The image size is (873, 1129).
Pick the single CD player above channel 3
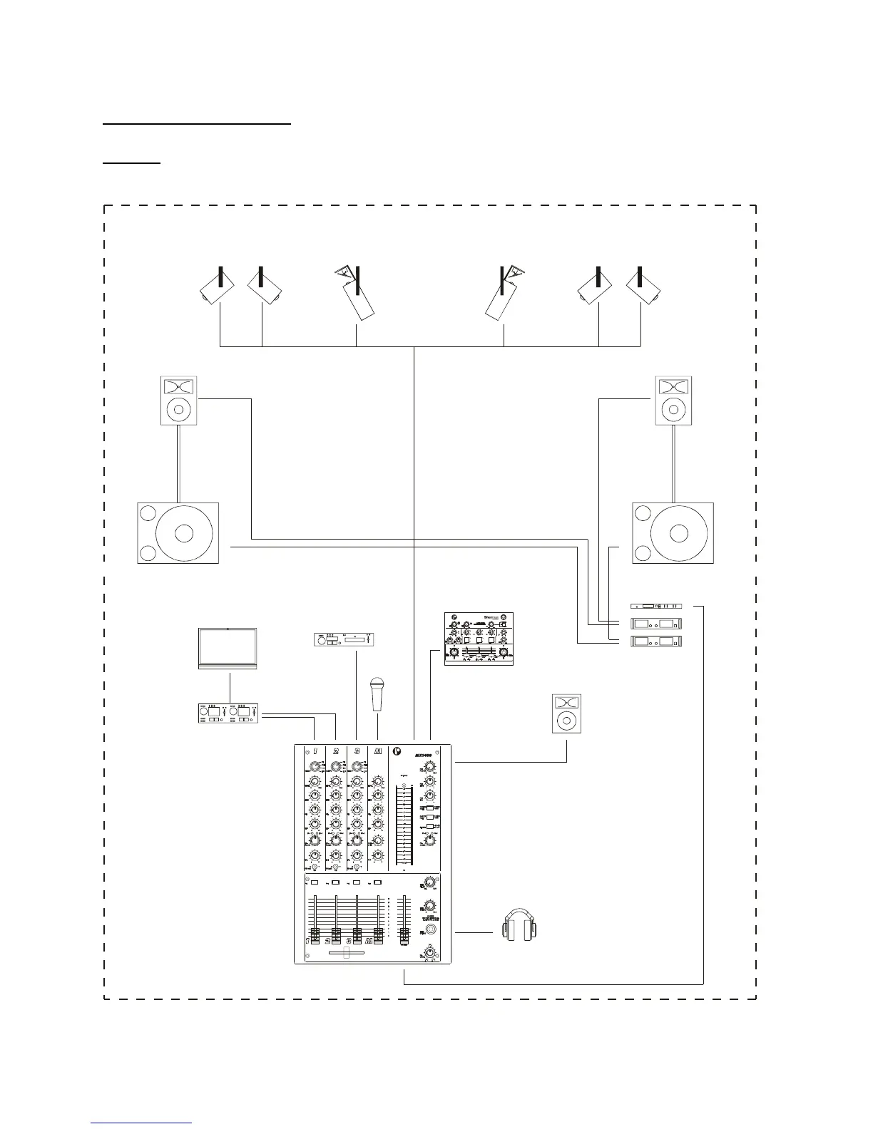click(344, 640)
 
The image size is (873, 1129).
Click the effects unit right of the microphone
click(479, 639)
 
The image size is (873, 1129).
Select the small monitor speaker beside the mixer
click(566, 713)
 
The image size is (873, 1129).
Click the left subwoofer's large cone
click(183, 533)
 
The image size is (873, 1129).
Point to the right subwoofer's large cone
click(679, 533)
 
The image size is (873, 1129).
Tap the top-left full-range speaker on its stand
click(178, 401)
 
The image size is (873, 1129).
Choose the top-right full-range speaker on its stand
click(673, 401)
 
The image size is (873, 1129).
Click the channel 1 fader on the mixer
click(315, 936)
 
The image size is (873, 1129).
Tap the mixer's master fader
click(404, 934)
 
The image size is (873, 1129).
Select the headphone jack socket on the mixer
click(430, 931)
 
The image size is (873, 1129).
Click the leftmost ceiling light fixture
click(215, 288)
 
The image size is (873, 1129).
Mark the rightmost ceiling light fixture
click(644, 288)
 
